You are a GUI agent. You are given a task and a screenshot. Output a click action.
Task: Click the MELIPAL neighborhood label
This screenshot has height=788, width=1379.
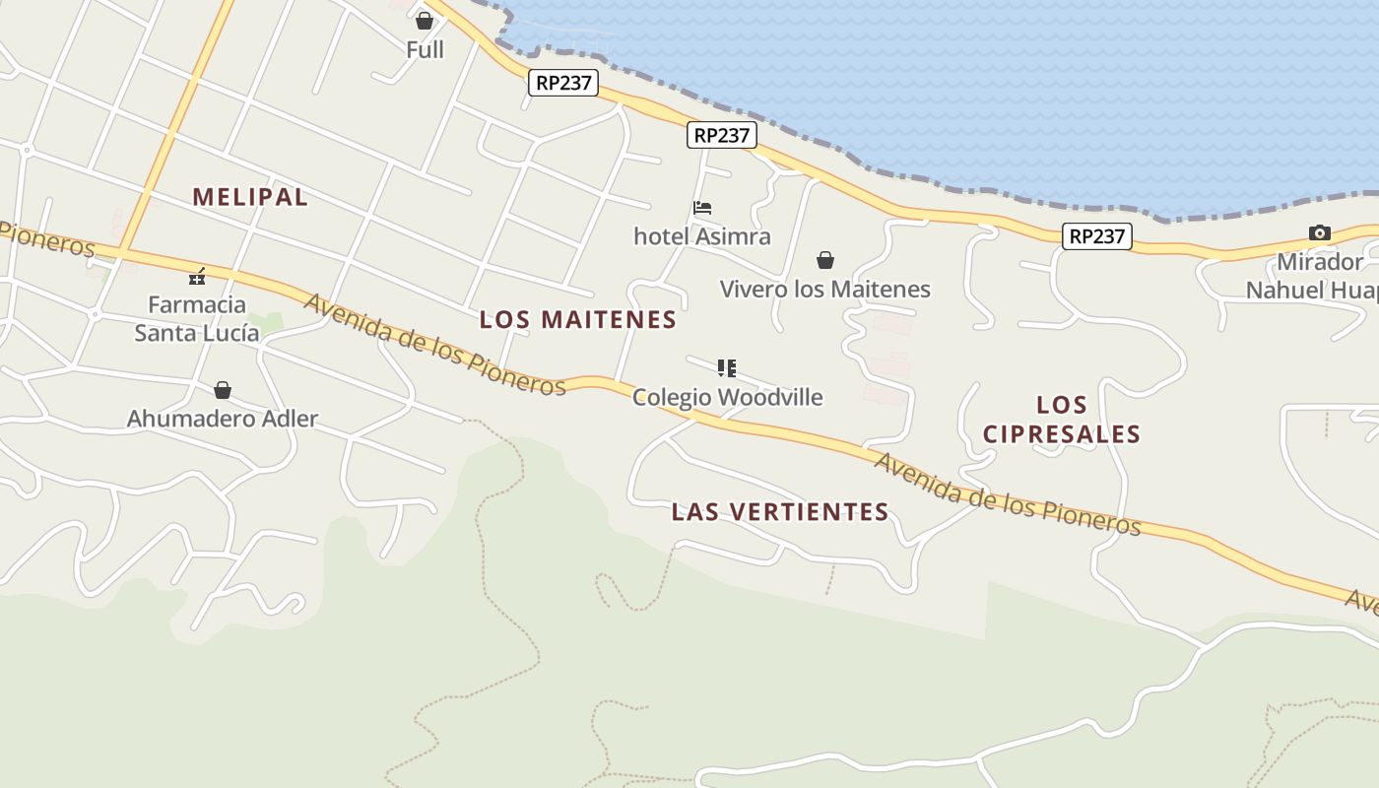(250, 197)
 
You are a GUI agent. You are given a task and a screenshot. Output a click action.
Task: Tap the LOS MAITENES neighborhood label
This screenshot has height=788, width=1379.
(578, 320)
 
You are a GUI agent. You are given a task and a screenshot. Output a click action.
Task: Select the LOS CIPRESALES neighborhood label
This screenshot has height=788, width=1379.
(1062, 420)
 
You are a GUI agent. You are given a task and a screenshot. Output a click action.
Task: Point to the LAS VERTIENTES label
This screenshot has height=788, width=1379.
(780, 512)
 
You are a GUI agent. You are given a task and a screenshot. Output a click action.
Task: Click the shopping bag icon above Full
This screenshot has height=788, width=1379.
(425, 20)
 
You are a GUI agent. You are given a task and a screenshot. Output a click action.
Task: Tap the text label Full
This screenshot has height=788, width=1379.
(425, 49)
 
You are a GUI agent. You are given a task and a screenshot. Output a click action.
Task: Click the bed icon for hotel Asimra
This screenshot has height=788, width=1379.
(702, 208)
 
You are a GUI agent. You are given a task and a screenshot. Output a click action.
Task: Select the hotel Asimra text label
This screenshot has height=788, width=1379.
(702, 236)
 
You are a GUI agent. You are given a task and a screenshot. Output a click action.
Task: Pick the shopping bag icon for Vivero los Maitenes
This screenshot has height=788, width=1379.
(825, 260)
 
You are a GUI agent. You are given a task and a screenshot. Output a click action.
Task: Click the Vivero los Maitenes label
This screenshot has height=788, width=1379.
(825, 290)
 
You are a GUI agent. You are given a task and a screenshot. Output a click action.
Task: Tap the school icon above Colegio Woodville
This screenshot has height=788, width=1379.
(727, 368)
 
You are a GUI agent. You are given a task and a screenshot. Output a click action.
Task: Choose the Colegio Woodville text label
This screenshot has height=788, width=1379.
(727, 397)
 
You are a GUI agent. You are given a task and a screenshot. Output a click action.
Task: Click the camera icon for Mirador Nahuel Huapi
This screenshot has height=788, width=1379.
(1320, 233)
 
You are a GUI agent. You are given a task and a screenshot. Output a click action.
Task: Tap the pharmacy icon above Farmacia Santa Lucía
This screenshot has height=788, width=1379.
(197, 277)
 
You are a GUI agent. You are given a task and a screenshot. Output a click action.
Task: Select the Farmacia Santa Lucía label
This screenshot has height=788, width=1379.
(197, 318)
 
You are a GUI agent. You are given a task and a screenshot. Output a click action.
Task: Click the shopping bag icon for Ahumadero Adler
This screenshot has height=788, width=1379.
(223, 390)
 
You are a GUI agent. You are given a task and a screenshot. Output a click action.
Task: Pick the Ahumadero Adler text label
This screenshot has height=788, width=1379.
(223, 419)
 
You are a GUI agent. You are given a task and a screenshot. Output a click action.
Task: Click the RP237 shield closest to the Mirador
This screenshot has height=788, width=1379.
(1096, 236)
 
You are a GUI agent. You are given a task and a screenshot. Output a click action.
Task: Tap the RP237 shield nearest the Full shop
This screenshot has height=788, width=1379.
(563, 83)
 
